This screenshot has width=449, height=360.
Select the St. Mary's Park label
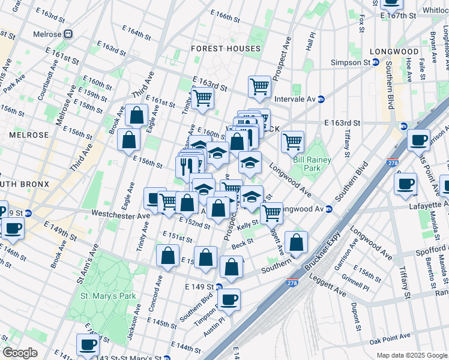(108, 296)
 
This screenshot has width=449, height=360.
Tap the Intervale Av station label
(294, 99)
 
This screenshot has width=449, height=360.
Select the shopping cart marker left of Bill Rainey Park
(292, 142)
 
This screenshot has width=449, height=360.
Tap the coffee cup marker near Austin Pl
(229, 299)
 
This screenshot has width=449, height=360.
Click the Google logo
(19, 352)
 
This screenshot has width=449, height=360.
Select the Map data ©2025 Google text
(411, 355)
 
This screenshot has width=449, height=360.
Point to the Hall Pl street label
(310, 41)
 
